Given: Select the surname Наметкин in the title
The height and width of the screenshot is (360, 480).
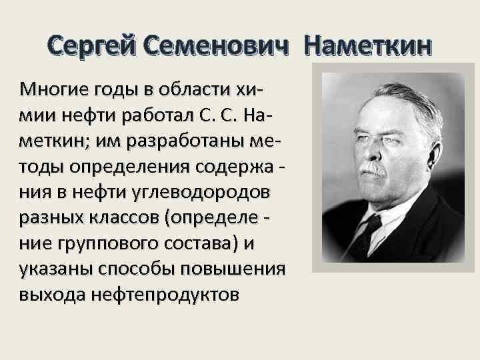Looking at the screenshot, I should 368,46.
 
